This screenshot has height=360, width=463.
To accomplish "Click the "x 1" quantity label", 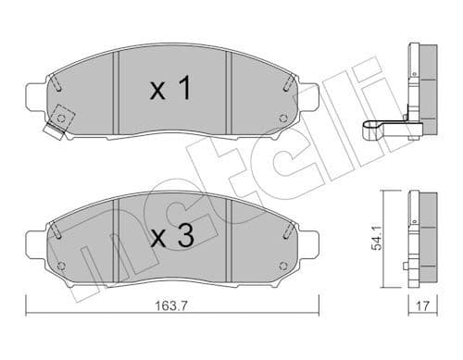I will (x=170, y=89).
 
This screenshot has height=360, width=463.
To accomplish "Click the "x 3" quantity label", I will (x=170, y=238).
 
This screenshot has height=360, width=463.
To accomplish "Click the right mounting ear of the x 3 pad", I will (x=310, y=242).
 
